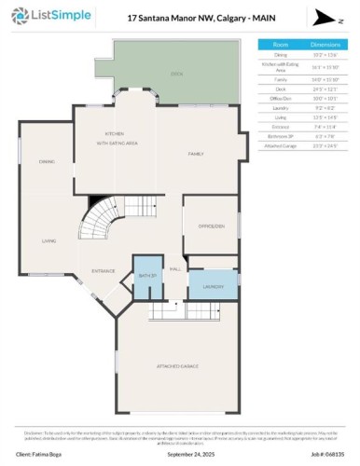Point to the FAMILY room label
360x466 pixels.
coord(195,153)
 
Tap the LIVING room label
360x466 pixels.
coord(48,240)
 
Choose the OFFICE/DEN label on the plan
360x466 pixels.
coord(211,226)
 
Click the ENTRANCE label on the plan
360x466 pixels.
coord(103,271)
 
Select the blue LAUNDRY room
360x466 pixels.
coord(214,285)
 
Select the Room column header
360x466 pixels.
coord(280,44)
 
